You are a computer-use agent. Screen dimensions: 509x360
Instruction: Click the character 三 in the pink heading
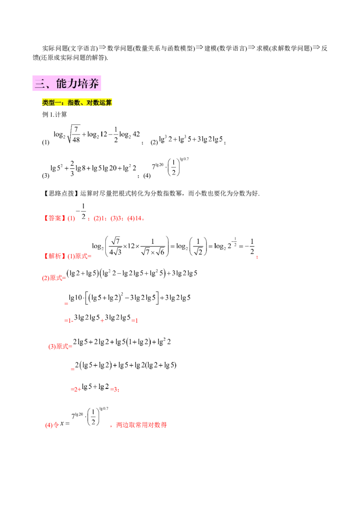coord(38,84)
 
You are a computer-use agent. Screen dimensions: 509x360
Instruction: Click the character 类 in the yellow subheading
coord(45,103)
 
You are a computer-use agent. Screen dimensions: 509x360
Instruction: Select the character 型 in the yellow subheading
coord(50,103)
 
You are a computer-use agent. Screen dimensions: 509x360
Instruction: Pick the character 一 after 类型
coord(57,103)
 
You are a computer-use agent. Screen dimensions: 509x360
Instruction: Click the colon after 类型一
coord(63,103)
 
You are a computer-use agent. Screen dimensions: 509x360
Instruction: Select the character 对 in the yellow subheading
coord(87,103)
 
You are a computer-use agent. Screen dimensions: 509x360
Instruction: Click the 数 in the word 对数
coord(94,103)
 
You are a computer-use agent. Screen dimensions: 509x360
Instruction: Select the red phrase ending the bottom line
coord(142,424)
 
